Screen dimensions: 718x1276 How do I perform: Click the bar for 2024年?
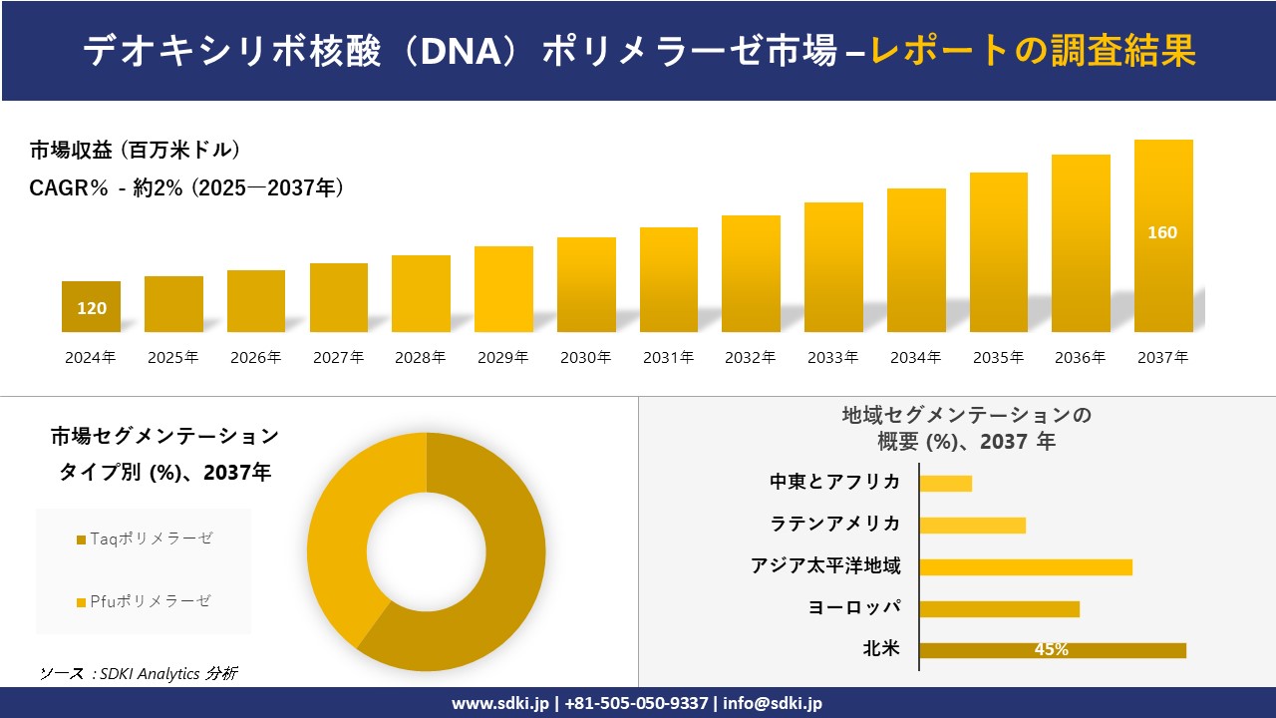pos(91,306)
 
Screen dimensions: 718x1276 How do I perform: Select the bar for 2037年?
pos(1163,236)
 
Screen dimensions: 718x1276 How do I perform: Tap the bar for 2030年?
pos(586,285)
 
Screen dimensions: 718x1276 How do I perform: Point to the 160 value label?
pos(1162,232)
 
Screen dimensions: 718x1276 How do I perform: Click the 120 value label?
pos(92,308)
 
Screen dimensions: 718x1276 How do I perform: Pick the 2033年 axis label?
pos(833,357)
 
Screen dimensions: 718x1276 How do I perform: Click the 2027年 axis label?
pos(338,357)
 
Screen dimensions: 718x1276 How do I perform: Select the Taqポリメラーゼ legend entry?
pos(145,538)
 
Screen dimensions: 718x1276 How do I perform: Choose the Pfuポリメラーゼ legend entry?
pos(145,600)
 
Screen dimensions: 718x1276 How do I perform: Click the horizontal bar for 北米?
pos(1052,650)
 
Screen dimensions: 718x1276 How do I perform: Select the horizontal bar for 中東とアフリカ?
pos(945,483)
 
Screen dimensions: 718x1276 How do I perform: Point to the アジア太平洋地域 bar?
pos(1025,566)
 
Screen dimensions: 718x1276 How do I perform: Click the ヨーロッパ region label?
pos(854,607)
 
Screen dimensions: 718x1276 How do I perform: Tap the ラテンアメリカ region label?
pos(834,524)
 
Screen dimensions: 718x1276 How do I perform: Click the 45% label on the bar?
pos(1052,650)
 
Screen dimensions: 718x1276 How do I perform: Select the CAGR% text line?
pos(186,187)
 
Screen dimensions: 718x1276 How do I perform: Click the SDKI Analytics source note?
pos(139,673)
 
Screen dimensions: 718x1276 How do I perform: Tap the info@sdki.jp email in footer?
pos(774,703)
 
